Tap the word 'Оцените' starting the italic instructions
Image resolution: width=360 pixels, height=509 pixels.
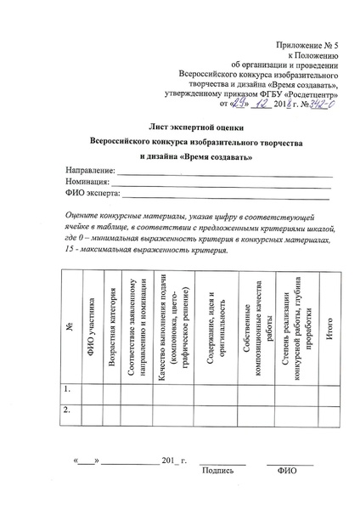85,218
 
